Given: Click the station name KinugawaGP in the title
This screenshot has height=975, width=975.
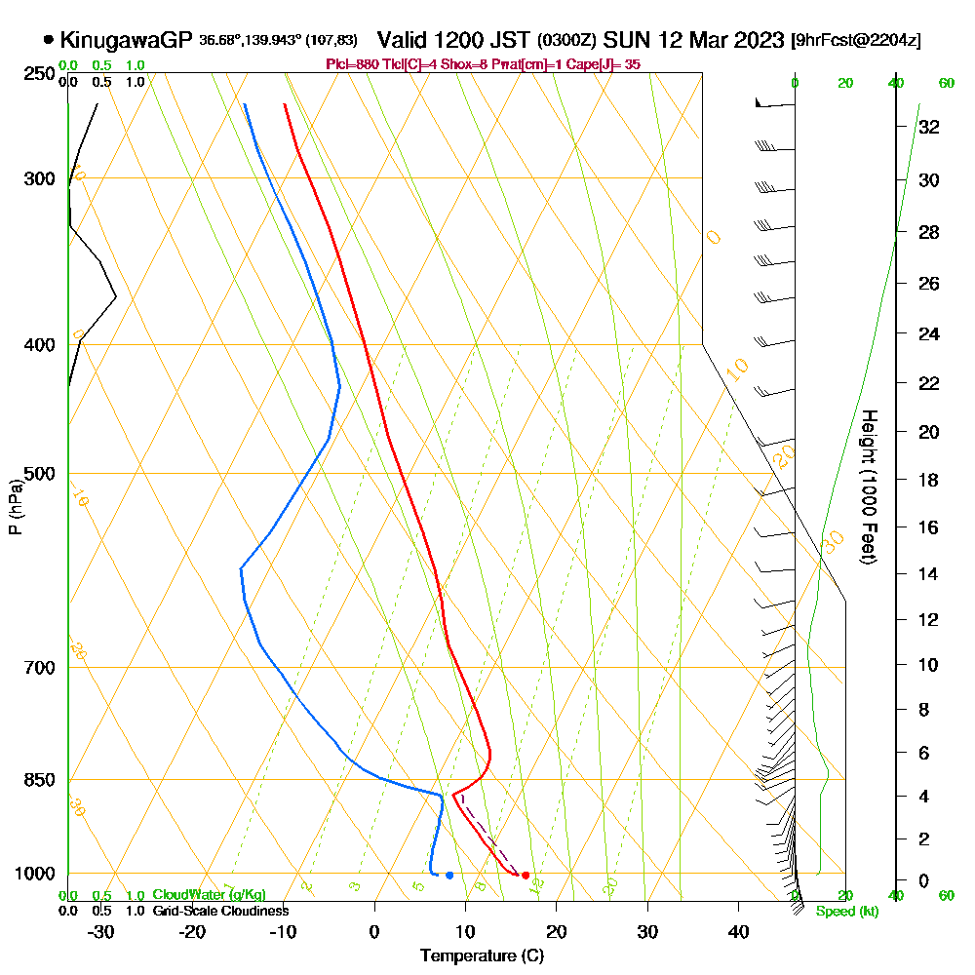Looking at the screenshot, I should click(x=126, y=40).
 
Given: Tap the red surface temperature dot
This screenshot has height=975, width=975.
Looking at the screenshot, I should click(x=526, y=876).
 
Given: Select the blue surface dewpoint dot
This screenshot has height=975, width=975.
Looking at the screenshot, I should click(x=449, y=875).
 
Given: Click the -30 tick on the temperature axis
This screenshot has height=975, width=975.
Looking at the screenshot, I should click(x=101, y=931).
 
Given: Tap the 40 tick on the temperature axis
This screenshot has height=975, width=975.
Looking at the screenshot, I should click(x=738, y=931).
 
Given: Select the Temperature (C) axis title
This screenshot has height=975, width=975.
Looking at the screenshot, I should click(x=482, y=955).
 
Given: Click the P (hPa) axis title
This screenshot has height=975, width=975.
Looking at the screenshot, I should click(x=15, y=506).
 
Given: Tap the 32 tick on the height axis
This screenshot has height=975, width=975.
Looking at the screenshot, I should click(x=929, y=127).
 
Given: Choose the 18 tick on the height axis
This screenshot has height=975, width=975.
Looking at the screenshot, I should click(x=929, y=480).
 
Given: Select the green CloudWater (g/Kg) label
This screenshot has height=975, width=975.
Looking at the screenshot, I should click(x=209, y=895).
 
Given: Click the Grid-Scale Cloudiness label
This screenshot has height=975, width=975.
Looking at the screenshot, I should click(x=219, y=911).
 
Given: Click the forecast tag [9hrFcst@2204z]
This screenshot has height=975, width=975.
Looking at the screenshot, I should click(x=857, y=41).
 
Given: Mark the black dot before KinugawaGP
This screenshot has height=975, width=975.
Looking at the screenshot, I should click(x=48, y=40).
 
